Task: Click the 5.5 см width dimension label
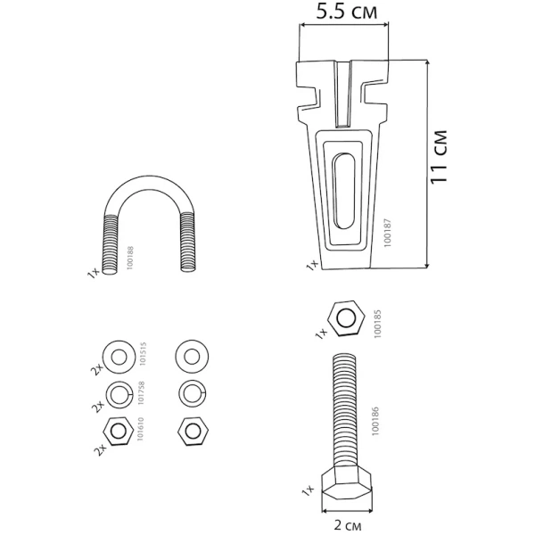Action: [347, 12]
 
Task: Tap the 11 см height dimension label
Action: [439, 157]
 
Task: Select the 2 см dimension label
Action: [348, 525]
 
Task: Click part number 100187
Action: [387, 233]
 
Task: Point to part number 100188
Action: [130, 259]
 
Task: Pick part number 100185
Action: [377, 324]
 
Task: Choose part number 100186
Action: [375, 421]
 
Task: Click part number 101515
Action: [143, 354]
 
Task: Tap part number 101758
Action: [141, 392]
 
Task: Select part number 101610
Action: [140, 429]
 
